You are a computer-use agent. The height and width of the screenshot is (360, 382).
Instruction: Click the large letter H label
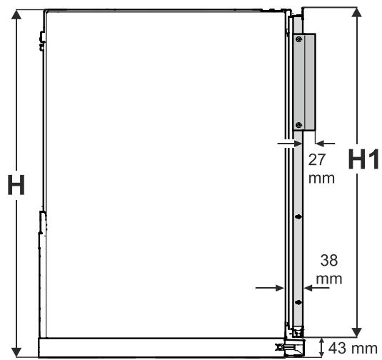[x=16, y=185]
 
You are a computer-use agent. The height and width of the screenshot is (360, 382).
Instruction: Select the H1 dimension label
[x=363, y=159]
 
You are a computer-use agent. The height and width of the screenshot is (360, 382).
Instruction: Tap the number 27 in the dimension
[x=317, y=160]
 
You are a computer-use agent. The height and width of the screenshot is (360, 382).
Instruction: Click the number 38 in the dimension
[x=329, y=260]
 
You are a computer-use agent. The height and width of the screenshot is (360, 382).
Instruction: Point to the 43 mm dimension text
[x=353, y=349]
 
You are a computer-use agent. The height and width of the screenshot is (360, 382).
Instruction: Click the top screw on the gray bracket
[x=299, y=39]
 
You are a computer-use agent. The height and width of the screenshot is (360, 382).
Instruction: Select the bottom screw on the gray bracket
[x=299, y=125]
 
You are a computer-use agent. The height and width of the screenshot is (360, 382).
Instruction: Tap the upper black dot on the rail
[x=298, y=216]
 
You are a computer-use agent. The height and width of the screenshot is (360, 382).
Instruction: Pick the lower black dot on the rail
[x=298, y=302]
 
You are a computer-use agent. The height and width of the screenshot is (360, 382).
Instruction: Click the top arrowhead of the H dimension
[x=16, y=14]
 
